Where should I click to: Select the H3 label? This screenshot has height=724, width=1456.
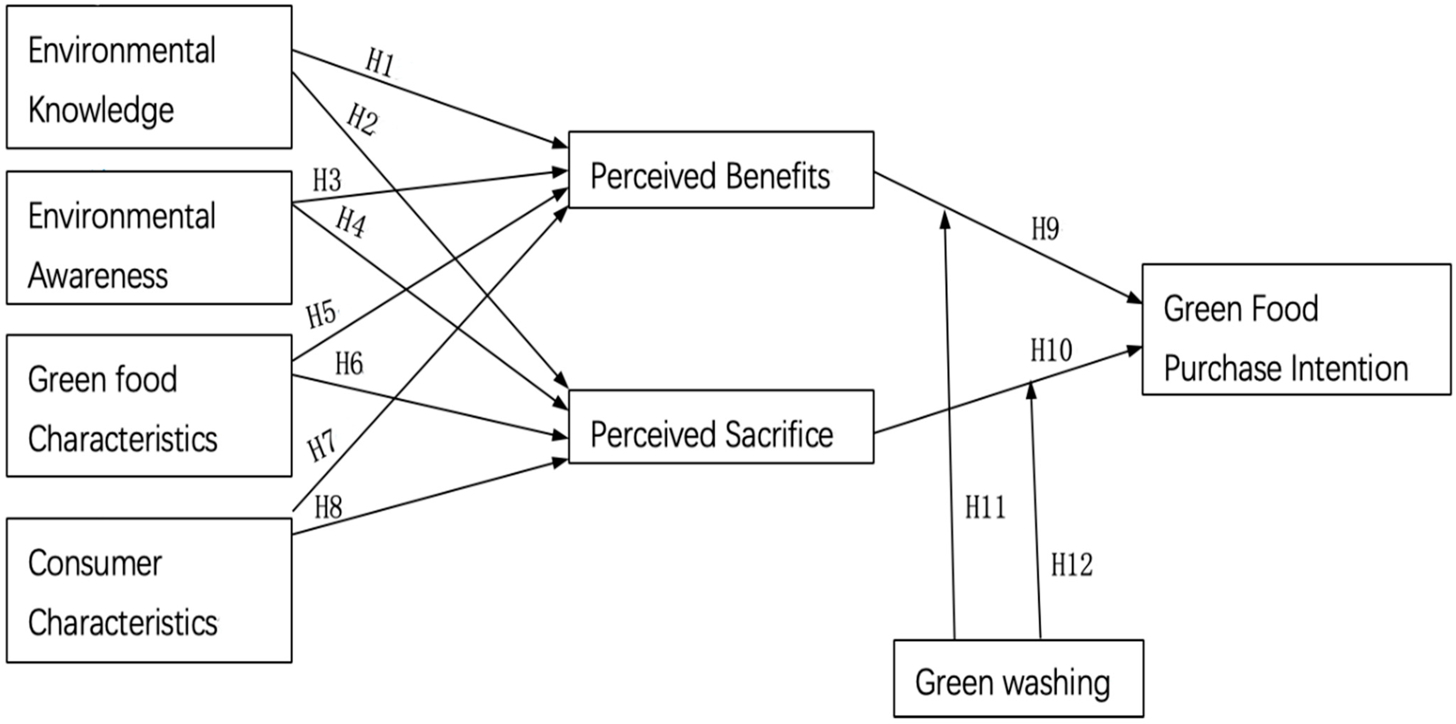[x=327, y=181]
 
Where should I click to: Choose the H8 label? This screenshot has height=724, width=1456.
[x=328, y=507]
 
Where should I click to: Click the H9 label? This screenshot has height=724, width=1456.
[x=1045, y=229]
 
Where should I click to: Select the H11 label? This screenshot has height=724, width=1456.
[x=985, y=507]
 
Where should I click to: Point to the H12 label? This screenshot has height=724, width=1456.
[x=1072, y=565]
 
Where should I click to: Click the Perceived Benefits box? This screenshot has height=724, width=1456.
[x=721, y=170]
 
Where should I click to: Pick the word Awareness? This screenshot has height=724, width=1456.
[x=98, y=276]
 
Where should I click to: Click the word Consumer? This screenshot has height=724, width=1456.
[x=95, y=563]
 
